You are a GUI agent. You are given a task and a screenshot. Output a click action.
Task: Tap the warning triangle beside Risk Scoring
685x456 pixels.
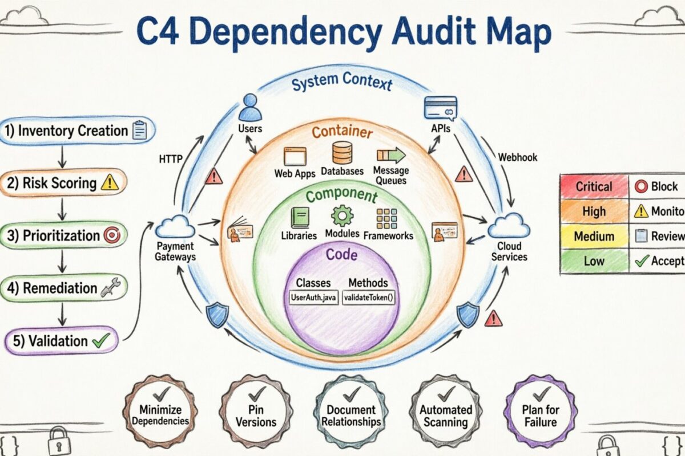(109, 182)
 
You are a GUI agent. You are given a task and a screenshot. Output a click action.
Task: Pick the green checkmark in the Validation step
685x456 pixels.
(100, 341)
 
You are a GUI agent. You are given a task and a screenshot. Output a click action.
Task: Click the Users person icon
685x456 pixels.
(249, 107)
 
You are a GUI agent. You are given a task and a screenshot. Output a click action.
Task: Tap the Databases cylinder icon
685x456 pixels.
(341, 153)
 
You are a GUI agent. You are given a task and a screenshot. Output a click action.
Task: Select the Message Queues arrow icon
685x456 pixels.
(390, 154)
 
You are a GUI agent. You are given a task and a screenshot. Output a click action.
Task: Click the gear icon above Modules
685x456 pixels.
(342, 216)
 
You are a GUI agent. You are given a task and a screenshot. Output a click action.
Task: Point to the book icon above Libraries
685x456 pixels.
(299, 218)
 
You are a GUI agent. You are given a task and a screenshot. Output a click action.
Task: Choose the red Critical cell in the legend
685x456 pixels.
(594, 186)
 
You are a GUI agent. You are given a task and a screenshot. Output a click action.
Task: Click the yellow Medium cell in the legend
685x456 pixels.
(594, 236)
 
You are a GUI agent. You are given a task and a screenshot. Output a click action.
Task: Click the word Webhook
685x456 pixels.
(517, 157)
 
